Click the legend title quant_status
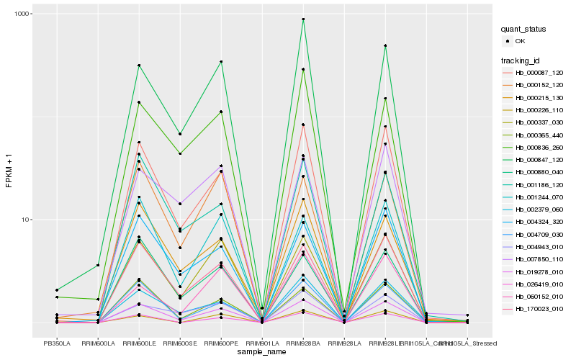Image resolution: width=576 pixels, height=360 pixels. click(x=525, y=30)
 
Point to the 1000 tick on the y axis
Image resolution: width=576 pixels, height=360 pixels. click(x=21, y=14)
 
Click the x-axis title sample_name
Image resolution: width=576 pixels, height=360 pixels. click(x=262, y=352)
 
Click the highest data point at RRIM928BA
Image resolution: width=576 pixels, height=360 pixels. click(x=303, y=19)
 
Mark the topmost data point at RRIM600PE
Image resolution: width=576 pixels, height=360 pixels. click(x=221, y=62)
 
